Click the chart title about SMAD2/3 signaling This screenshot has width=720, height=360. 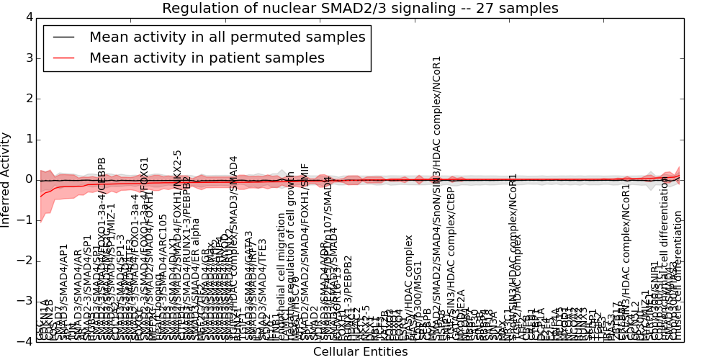pyautogui.click(x=360, y=9)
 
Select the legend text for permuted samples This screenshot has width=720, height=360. pyautogui.click(x=227, y=37)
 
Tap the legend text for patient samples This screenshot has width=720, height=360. pyautogui.click(x=207, y=58)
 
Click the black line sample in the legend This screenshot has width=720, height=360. pyautogui.click(x=63, y=37)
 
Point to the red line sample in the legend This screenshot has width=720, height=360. pyautogui.click(x=63, y=58)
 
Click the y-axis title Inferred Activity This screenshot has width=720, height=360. pyautogui.click(x=6, y=179)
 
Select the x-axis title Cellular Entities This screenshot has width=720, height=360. pyautogui.click(x=360, y=352)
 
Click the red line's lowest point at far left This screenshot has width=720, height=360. pyautogui.click(x=40, y=196)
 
